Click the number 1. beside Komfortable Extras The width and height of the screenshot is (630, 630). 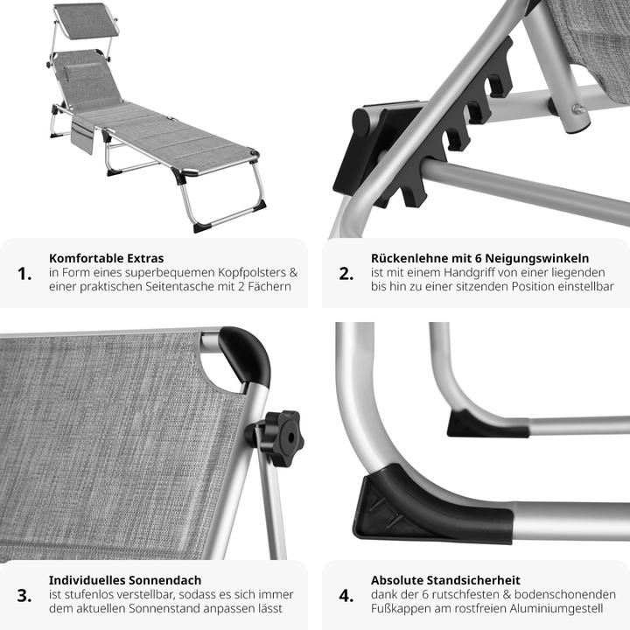coord(24,274)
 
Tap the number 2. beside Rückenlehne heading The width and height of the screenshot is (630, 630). coord(346,274)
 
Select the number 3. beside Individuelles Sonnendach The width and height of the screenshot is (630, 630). coord(24,596)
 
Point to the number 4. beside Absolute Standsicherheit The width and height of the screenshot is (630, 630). coord(346,596)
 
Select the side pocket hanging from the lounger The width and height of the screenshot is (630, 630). coord(82,136)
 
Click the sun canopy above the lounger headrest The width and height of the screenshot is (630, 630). coord(86,21)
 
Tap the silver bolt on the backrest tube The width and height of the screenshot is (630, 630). coord(578,108)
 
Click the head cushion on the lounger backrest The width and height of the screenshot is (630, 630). coord(84,70)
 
